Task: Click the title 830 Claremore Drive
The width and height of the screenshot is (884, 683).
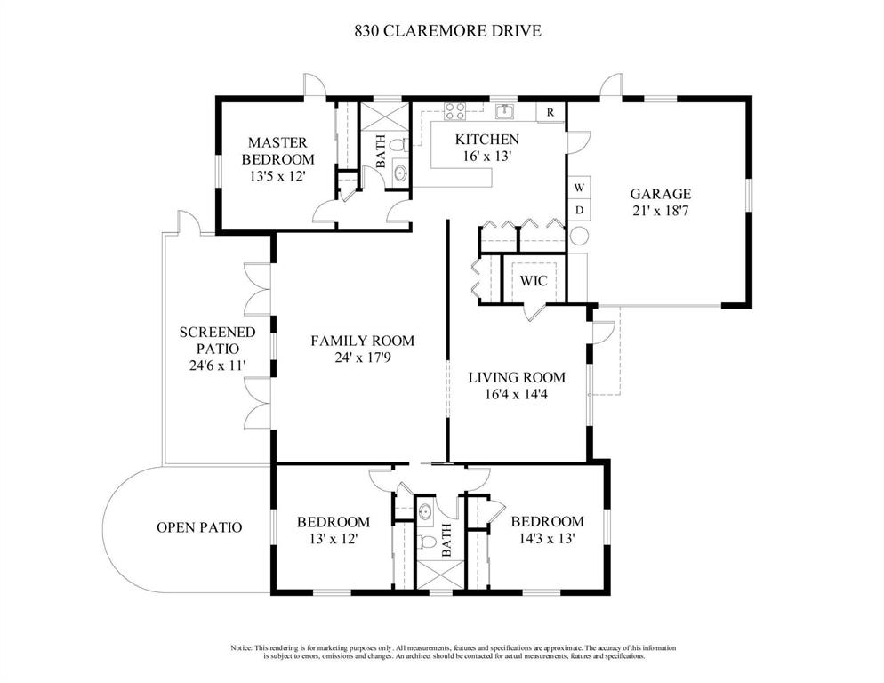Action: click(447, 30)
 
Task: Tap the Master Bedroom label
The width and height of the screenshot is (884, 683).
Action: click(278, 150)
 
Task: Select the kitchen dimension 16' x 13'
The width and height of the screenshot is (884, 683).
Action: click(487, 157)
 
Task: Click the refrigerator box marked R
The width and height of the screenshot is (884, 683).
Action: click(550, 112)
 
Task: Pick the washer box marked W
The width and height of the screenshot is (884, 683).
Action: click(579, 188)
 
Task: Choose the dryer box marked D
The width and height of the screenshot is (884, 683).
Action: click(579, 211)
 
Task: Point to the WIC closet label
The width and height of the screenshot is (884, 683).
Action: click(534, 280)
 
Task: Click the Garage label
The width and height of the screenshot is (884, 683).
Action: click(660, 194)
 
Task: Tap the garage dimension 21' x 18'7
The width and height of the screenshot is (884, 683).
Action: click(660, 211)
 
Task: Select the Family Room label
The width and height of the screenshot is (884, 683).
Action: click(363, 341)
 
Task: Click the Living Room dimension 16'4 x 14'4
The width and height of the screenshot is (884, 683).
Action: click(517, 394)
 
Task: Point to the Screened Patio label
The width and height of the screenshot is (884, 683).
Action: click(218, 340)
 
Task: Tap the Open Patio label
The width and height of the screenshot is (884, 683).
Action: click(199, 527)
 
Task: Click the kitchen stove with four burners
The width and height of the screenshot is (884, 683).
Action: click(454, 112)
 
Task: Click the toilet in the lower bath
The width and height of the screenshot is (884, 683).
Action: click(428, 542)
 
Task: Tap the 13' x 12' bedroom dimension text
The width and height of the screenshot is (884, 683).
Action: click(334, 539)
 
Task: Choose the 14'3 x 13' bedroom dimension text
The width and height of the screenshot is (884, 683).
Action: click(547, 539)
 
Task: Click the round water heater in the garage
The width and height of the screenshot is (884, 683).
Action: click(579, 235)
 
